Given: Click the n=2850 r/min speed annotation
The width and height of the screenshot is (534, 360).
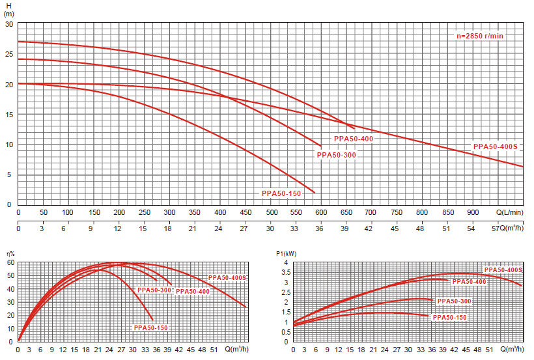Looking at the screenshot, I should pos(480,36).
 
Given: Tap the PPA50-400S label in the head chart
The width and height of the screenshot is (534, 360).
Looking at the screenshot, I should pos(495,146).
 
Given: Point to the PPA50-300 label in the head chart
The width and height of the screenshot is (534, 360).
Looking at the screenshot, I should pos(336,155).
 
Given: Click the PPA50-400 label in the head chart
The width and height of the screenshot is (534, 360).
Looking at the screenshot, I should pos(354,139).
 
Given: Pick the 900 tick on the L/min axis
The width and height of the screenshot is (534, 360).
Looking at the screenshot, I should pos(473,212).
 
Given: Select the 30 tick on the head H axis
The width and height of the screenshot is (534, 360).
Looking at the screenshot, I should pos(9,24).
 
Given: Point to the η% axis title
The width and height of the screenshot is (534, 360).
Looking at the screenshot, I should pos(10,254).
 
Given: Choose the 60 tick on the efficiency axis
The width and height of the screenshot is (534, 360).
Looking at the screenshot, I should pos(10,262).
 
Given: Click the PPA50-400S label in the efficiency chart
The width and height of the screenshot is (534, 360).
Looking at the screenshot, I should pos(227,278).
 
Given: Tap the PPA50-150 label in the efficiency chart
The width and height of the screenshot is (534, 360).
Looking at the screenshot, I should pos(151,327).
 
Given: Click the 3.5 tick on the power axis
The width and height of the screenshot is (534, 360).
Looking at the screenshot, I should pos(285,272).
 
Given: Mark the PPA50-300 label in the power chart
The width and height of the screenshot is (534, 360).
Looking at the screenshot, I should pos(454,301).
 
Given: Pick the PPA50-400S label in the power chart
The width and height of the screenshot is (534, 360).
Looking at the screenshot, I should pos(504,270).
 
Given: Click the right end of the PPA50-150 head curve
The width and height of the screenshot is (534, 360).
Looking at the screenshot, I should pos(315,193).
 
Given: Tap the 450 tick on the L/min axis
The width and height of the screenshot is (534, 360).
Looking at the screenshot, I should pos(246,212).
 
